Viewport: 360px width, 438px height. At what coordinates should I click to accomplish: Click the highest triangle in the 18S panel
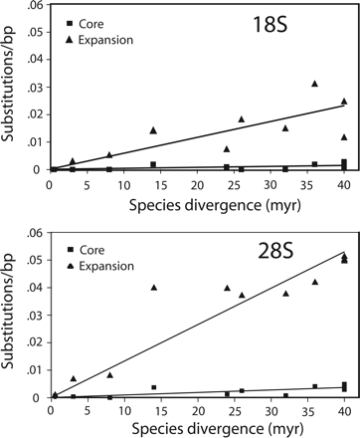[x=314, y=84]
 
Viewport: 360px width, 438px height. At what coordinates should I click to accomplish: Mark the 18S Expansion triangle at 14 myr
[x=153, y=130]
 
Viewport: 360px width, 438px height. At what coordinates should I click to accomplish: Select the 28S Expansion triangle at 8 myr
[x=109, y=375]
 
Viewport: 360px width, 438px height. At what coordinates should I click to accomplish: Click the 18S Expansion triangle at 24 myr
[x=227, y=149]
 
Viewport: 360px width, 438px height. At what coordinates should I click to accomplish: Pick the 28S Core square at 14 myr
[x=153, y=387]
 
